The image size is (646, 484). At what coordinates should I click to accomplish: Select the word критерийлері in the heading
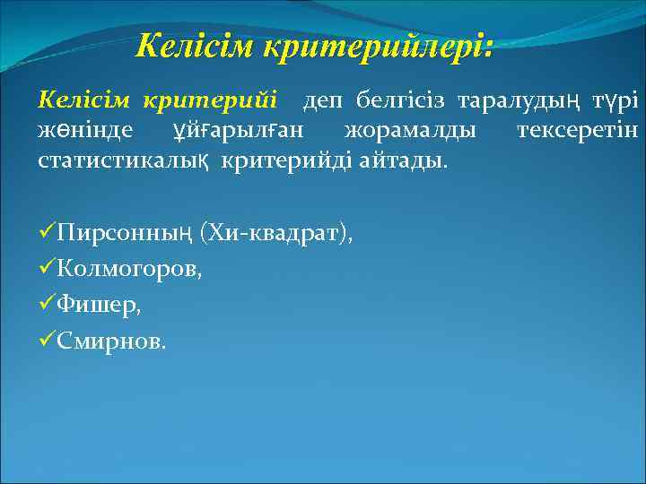[x=378, y=46]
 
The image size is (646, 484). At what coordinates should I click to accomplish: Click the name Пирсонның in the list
[x=125, y=234]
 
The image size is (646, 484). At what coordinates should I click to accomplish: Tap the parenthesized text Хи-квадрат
[x=275, y=234]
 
